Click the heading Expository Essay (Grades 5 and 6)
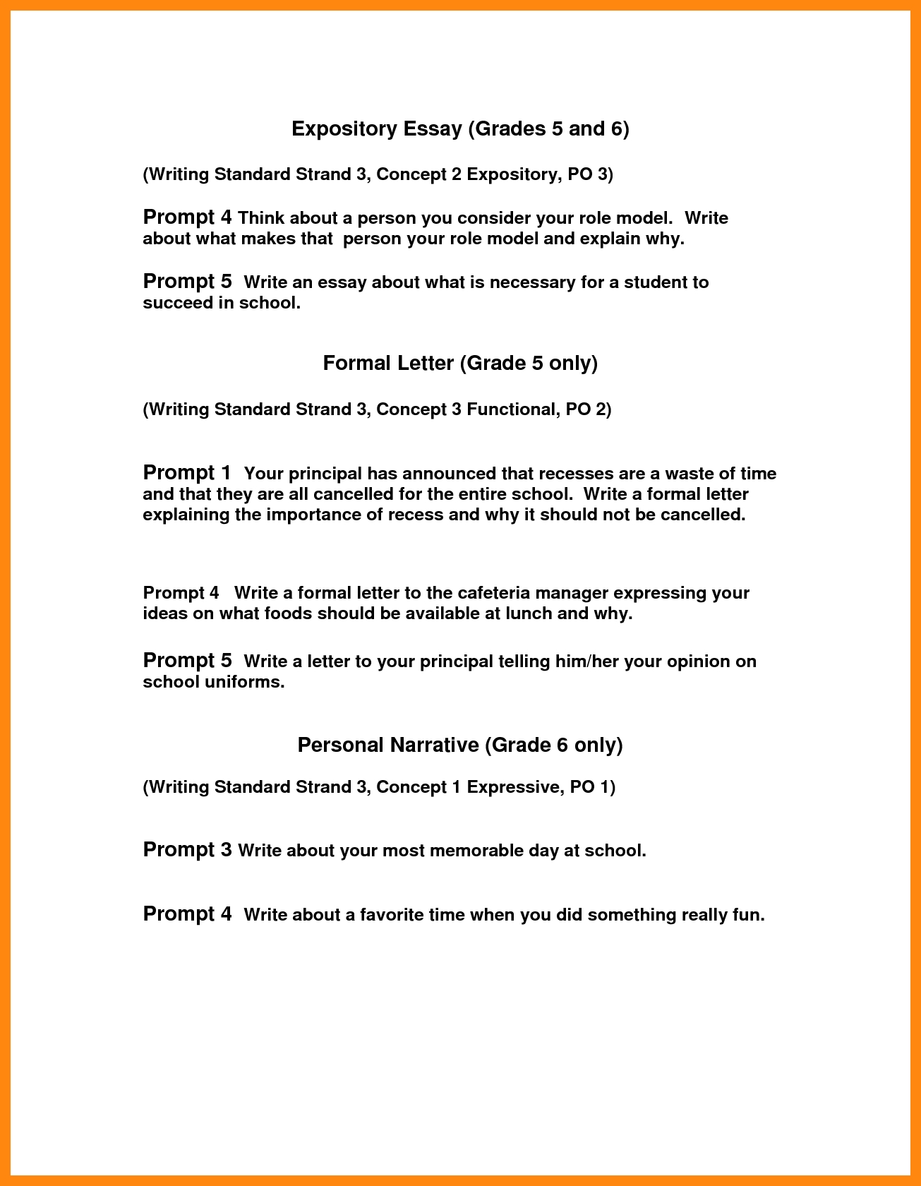tap(460, 128)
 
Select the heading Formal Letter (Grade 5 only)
tap(460, 363)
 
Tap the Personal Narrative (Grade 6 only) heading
tap(460, 745)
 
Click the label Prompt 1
tap(187, 472)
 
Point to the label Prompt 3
tap(187, 849)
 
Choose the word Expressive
tap(514, 787)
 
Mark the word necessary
tap(533, 282)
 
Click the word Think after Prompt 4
tap(261, 218)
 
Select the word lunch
tap(529, 613)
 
